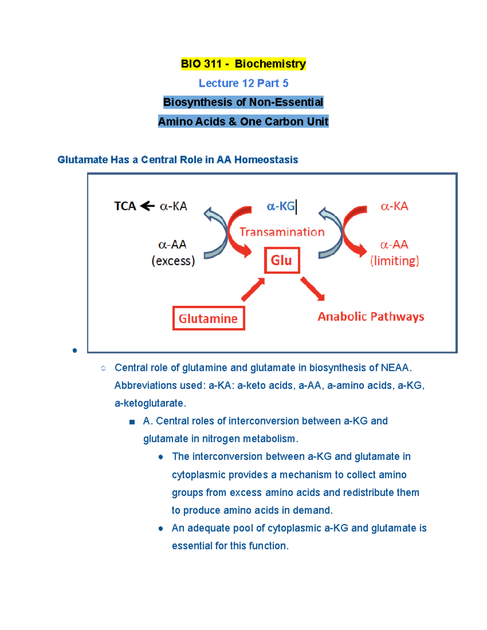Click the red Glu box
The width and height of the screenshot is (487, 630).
click(282, 260)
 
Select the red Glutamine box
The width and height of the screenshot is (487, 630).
click(209, 318)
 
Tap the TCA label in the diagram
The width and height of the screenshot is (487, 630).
click(125, 206)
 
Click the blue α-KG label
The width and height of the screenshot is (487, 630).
click(281, 206)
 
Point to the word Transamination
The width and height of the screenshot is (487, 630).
click(282, 232)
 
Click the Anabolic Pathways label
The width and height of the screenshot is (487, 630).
click(371, 316)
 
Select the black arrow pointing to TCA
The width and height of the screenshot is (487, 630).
click(147, 206)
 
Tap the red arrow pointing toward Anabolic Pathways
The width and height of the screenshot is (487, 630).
click(312, 289)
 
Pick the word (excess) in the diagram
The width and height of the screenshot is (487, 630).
click(173, 261)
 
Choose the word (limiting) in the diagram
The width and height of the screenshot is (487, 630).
click(394, 261)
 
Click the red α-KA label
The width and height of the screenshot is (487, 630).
click(394, 206)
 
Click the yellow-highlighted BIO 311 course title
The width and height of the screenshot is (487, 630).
click(243, 64)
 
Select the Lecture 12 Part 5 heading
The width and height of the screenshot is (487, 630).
click(243, 83)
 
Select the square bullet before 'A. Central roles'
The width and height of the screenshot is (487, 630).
click(132, 422)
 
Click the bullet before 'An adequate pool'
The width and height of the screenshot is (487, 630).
click(161, 529)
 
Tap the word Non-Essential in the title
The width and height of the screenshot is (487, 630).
click(286, 102)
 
